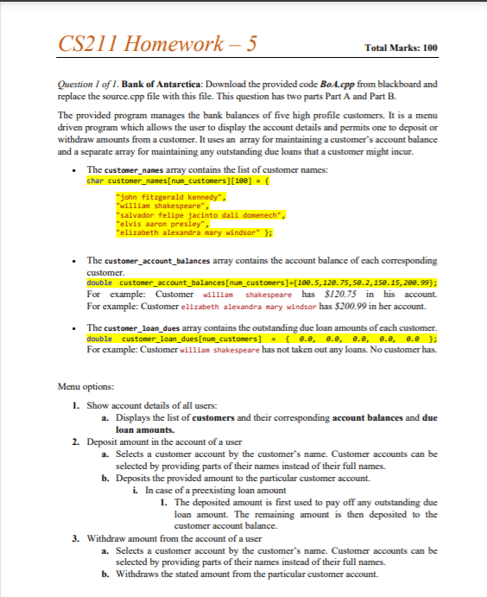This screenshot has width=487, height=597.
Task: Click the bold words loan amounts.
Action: click(143, 428)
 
